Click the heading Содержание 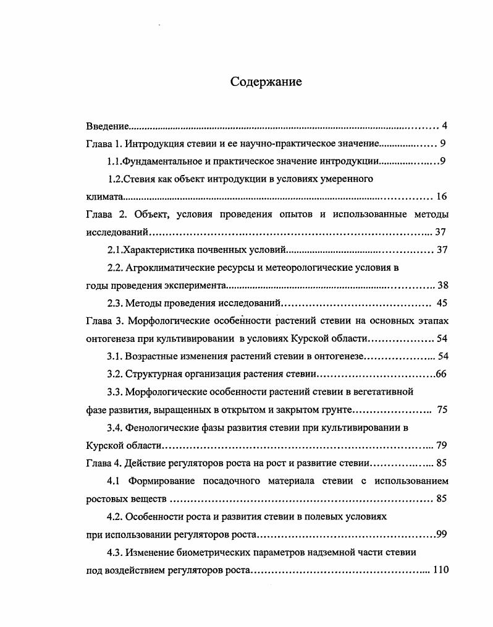pos(266,82)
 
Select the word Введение pos(107,127)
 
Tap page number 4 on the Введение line pos(444,126)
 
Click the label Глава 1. pos(103,144)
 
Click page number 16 pos(441,197)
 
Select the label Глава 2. pos(104,215)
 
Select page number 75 pos(442,409)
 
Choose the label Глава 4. pos(103,463)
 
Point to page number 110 pos(440,569)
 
